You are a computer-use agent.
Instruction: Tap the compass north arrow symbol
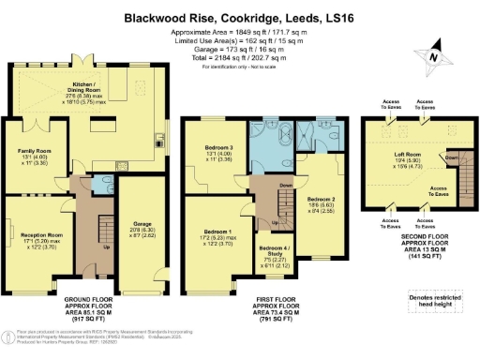(430, 55)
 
